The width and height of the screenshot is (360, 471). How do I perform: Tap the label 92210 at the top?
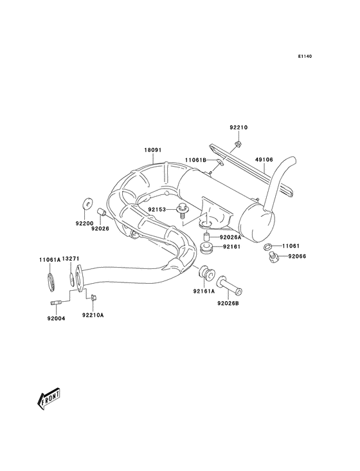pyautogui.click(x=238, y=128)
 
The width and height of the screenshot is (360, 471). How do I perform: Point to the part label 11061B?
pyautogui.click(x=195, y=160)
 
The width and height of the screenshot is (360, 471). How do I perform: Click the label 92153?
pyautogui.click(x=157, y=209)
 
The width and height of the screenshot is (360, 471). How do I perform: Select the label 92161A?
pyautogui.click(x=203, y=290)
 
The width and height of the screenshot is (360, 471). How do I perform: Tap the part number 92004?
pyautogui.click(x=56, y=317)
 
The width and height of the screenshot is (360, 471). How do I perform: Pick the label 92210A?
pyautogui.click(x=93, y=315)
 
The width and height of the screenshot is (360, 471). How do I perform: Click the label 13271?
pyautogui.click(x=71, y=259)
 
